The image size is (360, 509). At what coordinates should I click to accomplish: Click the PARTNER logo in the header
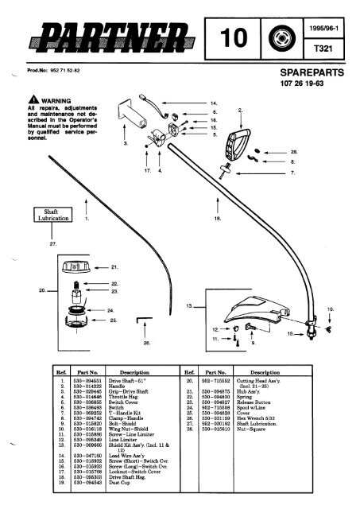[118, 36]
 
